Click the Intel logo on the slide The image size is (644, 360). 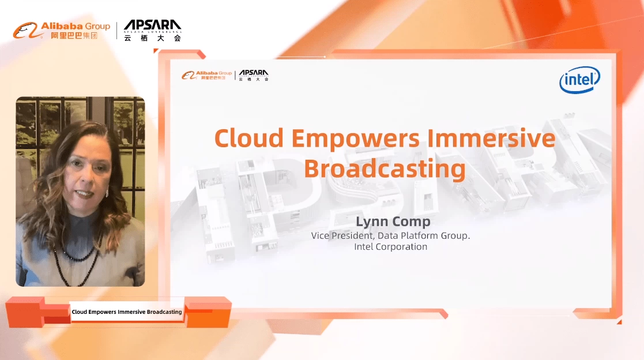(579, 80)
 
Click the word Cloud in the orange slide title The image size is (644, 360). (249, 138)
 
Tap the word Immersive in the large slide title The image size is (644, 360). (491, 138)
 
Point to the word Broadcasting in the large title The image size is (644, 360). (385, 169)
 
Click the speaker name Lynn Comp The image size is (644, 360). (393, 222)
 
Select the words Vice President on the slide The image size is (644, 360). (342, 235)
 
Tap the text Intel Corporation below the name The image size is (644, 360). (390, 246)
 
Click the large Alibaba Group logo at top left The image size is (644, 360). (62, 31)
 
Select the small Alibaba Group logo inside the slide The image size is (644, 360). (206, 75)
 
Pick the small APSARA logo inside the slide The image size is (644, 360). (254, 75)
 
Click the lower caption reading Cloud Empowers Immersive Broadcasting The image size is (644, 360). (126, 312)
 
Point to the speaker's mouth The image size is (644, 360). (84, 192)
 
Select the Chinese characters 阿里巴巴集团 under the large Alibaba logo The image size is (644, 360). (74, 36)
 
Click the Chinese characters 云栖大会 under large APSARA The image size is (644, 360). (152, 38)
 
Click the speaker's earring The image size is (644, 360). (107, 192)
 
